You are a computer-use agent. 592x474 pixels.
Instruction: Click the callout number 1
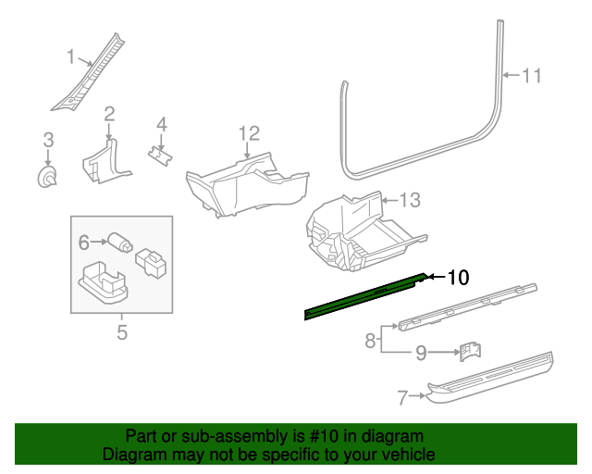[x=70, y=57]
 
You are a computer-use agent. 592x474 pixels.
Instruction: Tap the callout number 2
[x=109, y=114]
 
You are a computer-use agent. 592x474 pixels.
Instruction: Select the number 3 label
[x=48, y=140]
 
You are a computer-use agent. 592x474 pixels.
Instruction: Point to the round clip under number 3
[x=47, y=176]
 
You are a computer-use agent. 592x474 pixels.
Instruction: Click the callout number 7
[x=402, y=398]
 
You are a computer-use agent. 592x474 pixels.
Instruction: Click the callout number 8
[x=370, y=341]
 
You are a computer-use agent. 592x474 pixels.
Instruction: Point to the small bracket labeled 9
[x=469, y=352]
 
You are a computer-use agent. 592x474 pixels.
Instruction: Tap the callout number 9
[x=420, y=352]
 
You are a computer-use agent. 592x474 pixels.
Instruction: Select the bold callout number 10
[x=459, y=277]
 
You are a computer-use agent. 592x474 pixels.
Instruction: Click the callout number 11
[x=531, y=76]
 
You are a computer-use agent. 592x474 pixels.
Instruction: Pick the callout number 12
[x=249, y=134]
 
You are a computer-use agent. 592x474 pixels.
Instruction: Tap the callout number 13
[x=410, y=199]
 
